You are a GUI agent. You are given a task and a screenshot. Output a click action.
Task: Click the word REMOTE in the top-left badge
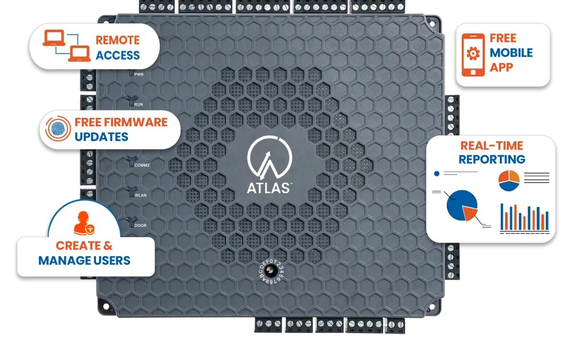tap(118, 40)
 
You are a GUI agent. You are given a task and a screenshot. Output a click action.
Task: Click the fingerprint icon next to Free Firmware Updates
tap(57, 130)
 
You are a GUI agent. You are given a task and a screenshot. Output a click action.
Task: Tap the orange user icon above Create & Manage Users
tap(84, 223)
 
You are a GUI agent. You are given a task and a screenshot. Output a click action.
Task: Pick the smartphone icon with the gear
tap(473, 55)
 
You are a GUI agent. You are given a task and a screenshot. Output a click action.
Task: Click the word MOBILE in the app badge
tap(511, 53)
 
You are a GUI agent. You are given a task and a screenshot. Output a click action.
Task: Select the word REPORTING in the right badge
tap(492, 159)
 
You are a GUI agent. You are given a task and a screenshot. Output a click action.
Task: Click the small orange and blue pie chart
tap(509, 180)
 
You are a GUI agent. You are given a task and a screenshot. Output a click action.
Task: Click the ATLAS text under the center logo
tap(268, 187)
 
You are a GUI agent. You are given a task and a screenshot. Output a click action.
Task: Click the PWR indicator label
tap(140, 75)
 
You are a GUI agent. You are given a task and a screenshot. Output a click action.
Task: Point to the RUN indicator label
tap(139, 104)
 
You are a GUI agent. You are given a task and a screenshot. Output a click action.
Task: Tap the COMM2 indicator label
tap(142, 165)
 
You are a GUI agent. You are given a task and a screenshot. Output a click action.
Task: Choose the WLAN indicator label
tap(140, 195)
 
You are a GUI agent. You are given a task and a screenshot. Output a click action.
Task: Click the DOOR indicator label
tap(140, 225)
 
